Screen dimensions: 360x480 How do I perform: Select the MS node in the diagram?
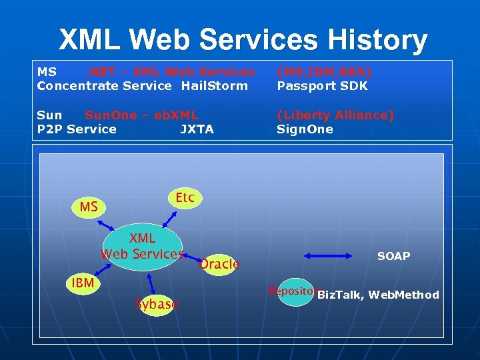[89, 207]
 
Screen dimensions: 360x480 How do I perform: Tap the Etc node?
[185, 198]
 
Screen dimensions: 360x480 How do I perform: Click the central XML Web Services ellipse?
[143, 246]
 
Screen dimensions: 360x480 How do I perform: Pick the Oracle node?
[219, 264]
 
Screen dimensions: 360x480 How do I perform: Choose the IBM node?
[83, 284]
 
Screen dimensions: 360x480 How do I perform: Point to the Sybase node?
[156, 305]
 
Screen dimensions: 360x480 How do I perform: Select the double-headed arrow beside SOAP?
[328, 255]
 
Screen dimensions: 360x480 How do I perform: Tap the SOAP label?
[393, 256]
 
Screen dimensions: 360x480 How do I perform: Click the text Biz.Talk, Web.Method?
[378, 295]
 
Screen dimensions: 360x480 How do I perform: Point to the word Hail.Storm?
[214, 86]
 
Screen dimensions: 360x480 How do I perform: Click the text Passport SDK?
[322, 86]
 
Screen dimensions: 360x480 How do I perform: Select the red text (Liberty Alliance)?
[335, 115]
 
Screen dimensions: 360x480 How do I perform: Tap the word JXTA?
[197, 129]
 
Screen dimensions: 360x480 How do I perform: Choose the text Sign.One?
[305, 129]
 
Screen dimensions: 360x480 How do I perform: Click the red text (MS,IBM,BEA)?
[324, 71]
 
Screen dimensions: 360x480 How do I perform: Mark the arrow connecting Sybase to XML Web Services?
[152, 283]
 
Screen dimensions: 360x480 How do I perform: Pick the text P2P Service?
[77, 129]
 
